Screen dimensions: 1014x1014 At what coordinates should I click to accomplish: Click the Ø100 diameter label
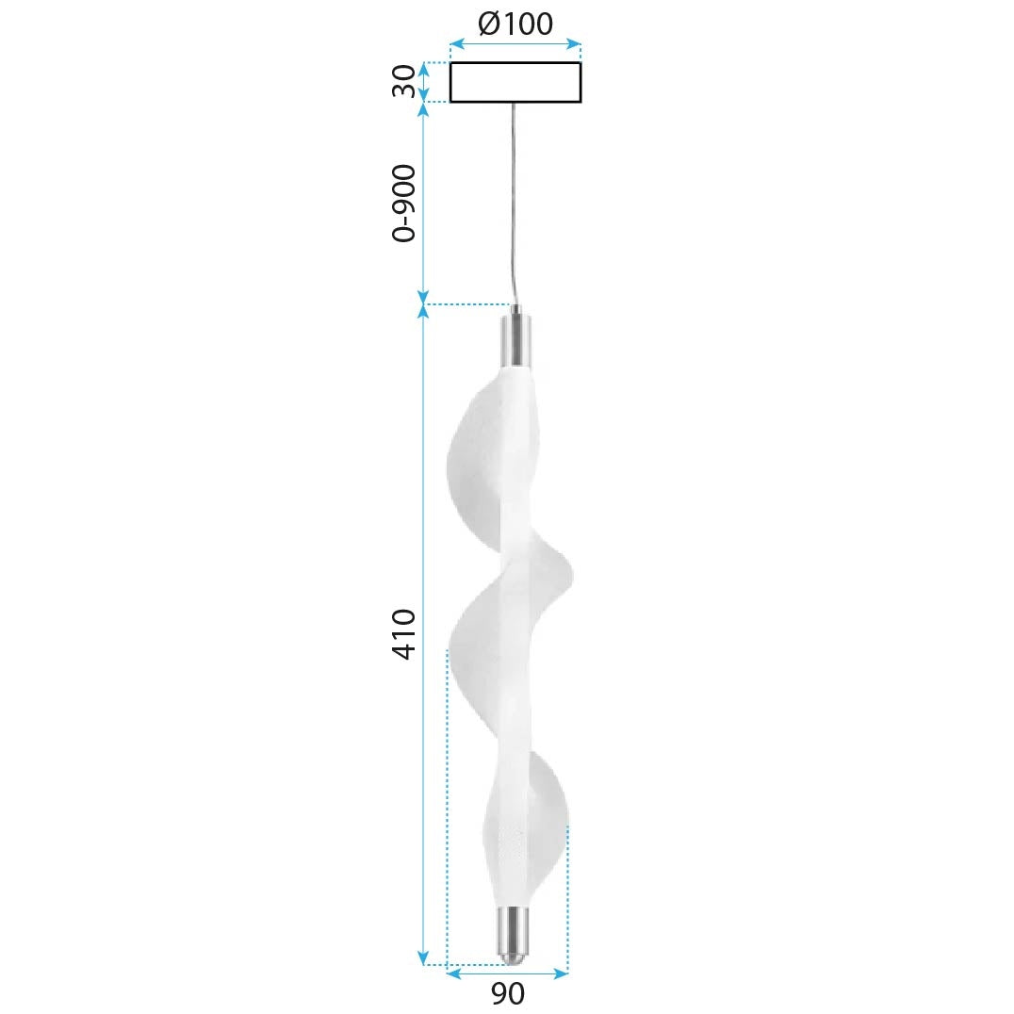point(515,23)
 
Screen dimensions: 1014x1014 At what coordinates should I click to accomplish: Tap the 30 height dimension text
point(403,81)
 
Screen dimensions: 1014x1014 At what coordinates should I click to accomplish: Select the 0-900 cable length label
point(403,204)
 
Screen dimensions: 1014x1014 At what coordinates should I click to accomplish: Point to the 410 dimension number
point(403,633)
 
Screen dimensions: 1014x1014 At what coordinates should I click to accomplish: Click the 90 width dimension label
point(507,993)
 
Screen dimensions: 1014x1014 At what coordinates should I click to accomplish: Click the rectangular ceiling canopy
point(515,82)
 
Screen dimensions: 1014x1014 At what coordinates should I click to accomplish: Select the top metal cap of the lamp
point(515,341)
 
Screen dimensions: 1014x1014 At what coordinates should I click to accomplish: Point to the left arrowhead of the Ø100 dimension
point(456,43)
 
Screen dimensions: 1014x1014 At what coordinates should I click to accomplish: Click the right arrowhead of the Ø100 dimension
point(574,43)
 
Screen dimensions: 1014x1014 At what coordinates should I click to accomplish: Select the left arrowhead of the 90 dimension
point(452,973)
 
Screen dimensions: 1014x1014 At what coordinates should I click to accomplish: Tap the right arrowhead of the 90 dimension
point(562,973)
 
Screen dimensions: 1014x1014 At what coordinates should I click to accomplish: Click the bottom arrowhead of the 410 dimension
point(424,957)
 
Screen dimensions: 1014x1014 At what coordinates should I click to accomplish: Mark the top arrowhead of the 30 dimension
point(424,68)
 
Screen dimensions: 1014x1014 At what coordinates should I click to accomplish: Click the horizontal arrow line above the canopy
point(515,43)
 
